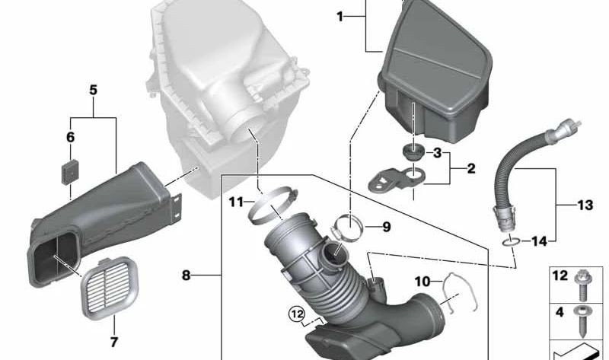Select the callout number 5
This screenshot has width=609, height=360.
(94, 90)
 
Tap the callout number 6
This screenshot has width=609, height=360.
(70, 138)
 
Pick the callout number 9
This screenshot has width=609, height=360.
(386, 226)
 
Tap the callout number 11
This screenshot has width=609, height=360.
(237, 202)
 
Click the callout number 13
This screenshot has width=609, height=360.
(584, 205)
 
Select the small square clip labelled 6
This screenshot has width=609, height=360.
(70, 167)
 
